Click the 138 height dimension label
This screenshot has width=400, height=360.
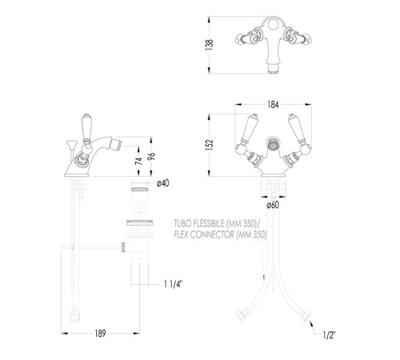pyautogui.click(x=210, y=45)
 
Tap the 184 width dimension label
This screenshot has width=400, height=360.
pyautogui.click(x=273, y=105)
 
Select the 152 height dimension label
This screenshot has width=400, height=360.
pyautogui.click(x=210, y=145)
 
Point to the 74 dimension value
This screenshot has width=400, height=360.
pyautogui.click(x=138, y=161)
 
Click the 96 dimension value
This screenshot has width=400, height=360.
pyautogui.click(x=151, y=156)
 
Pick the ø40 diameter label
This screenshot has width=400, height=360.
pyautogui.click(x=162, y=183)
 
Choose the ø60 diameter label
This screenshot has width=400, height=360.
pyautogui.click(x=273, y=205)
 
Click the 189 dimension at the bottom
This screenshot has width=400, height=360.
pyautogui.click(x=100, y=334)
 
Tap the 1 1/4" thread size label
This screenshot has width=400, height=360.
pyautogui.click(x=173, y=284)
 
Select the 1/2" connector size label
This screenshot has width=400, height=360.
pyautogui.click(x=329, y=335)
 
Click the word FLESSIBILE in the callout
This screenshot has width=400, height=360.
pyautogui.click(x=209, y=223)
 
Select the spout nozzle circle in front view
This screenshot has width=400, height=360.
pyautogui.click(x=273, y=146)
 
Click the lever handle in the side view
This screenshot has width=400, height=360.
pyautogui.click(x=86, y=127)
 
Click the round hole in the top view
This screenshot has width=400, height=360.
pyautogui.click(x=273, y=26)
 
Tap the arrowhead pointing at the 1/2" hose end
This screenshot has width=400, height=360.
pyautogui.click(x=311, y=323)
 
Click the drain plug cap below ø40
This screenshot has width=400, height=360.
pyautogui.click(x=139, y=190)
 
